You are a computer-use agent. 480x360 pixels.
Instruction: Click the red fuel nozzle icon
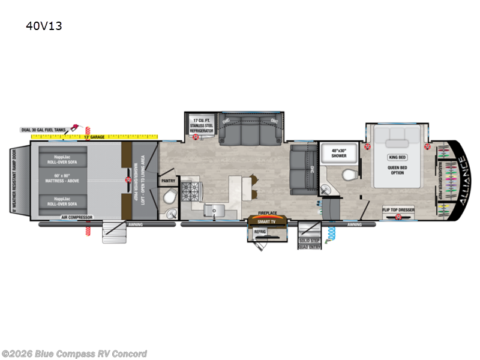(x=75, y=127)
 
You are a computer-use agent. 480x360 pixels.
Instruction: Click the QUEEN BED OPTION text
(x=397, y=170)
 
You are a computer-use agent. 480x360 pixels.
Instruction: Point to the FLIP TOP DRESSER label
(x=398, y=209)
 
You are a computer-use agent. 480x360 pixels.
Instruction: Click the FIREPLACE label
(x=267, y=213)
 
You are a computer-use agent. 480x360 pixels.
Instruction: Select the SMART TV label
(x=266, y=221)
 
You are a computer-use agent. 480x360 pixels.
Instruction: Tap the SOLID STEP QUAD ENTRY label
(x=310, y=244)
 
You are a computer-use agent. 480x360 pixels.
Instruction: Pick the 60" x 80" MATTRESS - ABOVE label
(x=63, y=179)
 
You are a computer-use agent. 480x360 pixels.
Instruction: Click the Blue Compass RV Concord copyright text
(x=74, y=353)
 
